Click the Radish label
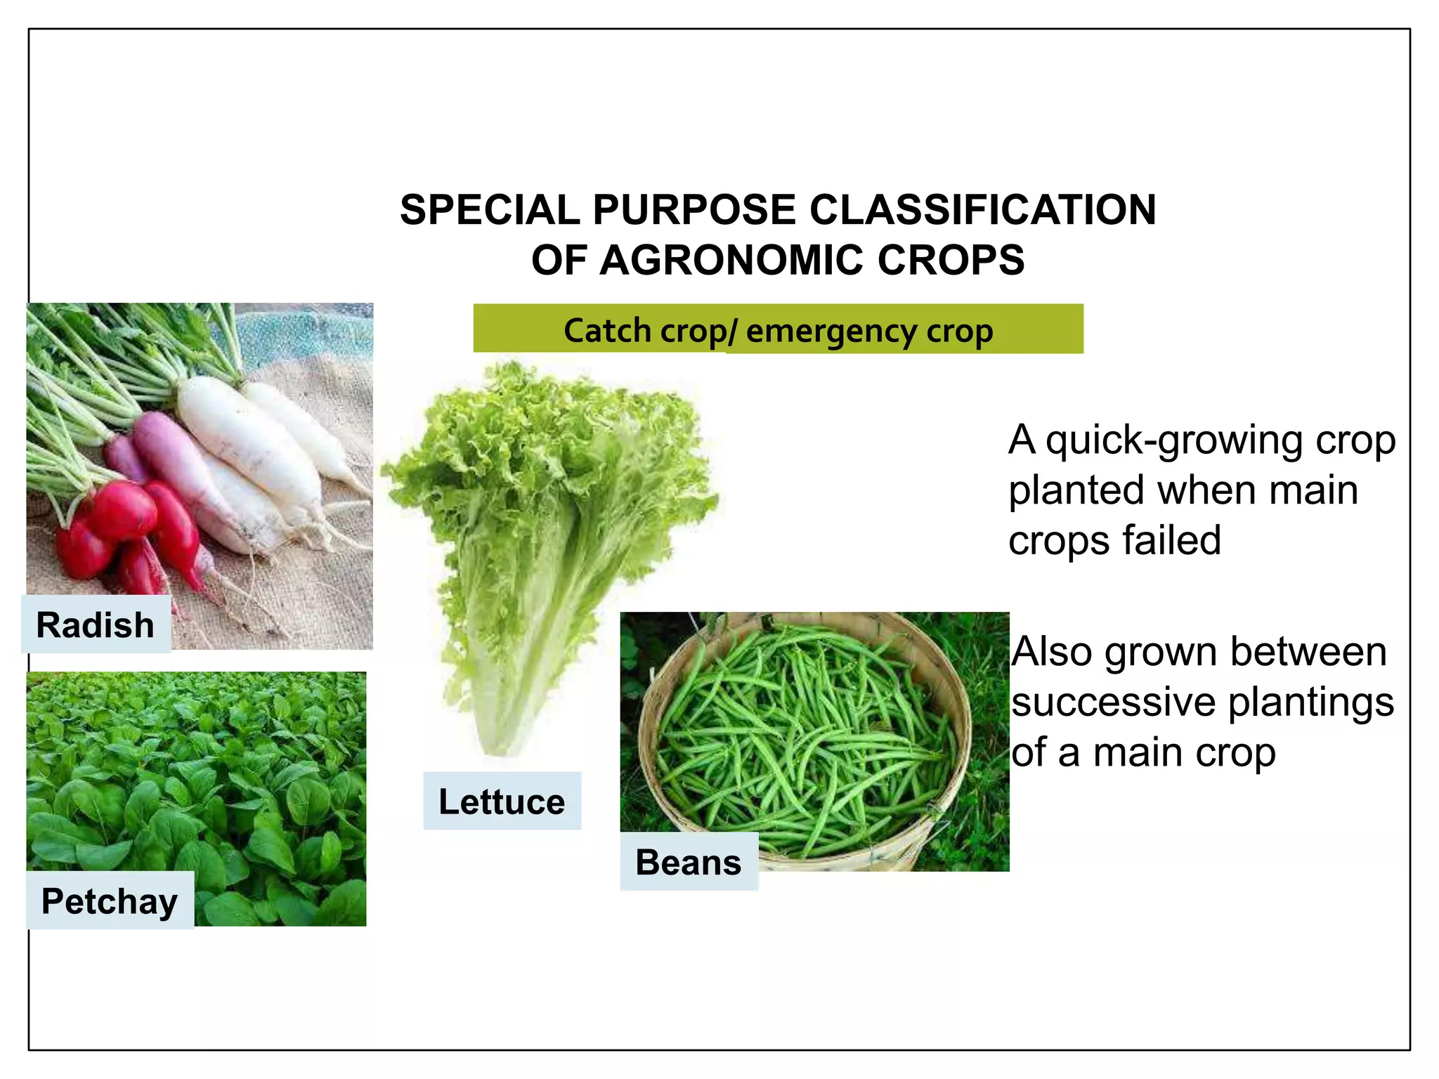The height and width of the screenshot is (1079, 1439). click(x=96, y=624)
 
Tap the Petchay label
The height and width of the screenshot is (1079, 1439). click(x=110, y=901)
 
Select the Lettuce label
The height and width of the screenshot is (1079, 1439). click(x=502, y=802)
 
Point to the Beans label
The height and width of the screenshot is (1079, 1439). click(x=689, y=862)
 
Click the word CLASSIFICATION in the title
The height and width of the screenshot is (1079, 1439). click(x=982, y=209)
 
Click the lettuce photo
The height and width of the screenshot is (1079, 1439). click(x=548, y=548)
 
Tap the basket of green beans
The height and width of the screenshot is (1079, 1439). click(x=808, y=738)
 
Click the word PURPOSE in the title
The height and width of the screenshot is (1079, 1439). click(x=694, y=209)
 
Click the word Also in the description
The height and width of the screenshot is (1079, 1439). click(x=1051, y=651)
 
